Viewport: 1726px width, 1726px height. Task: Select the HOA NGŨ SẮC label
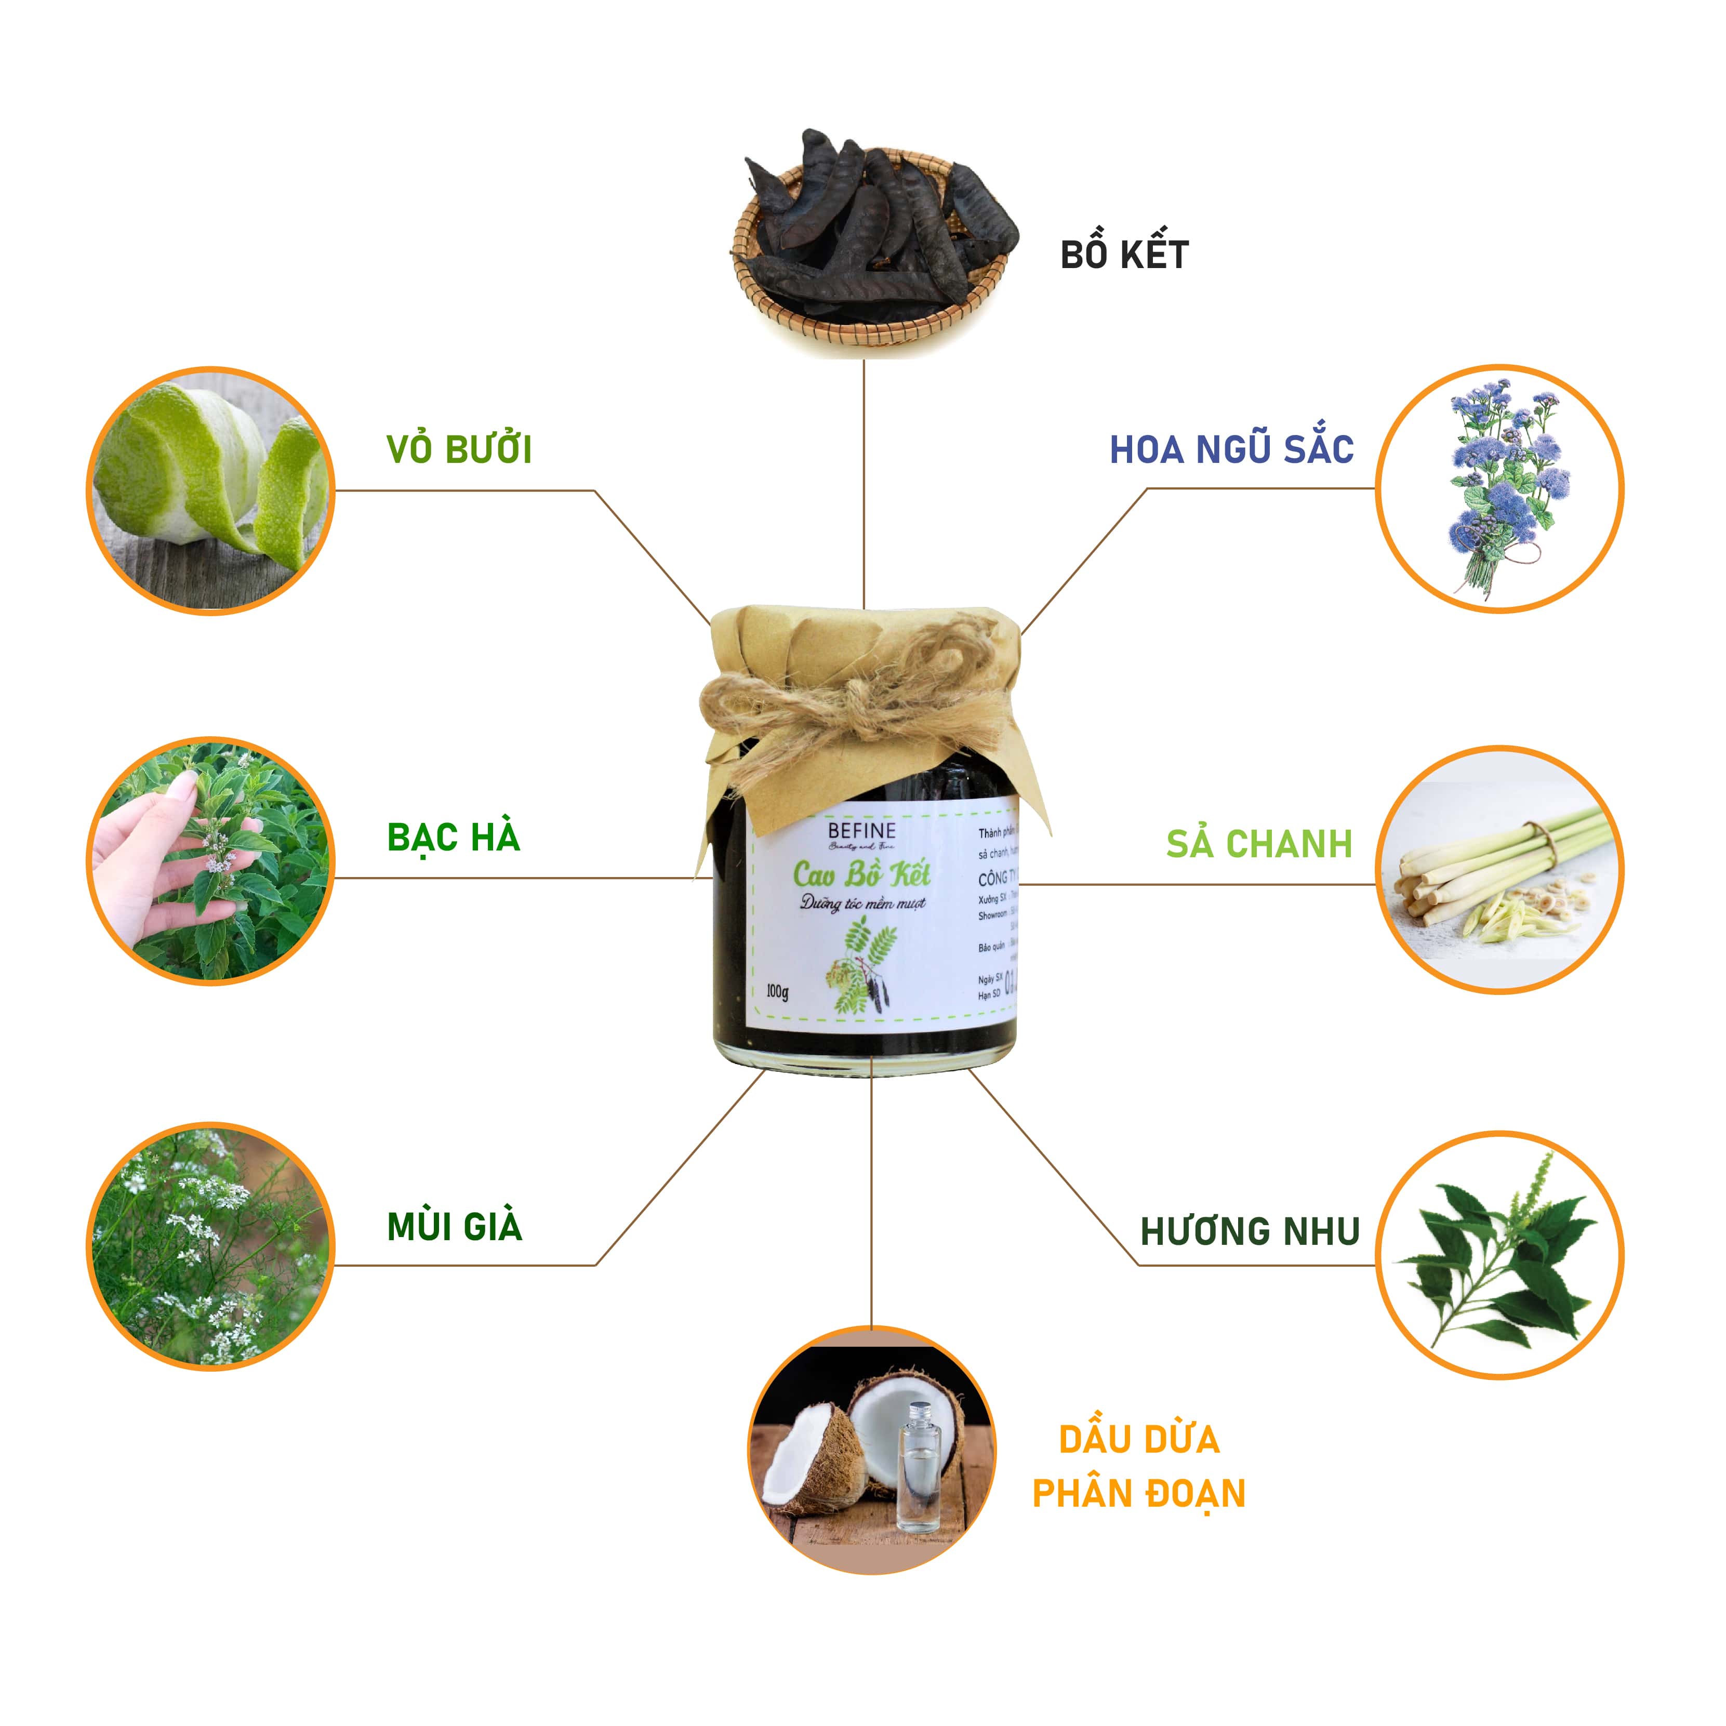(x=1231, y=449)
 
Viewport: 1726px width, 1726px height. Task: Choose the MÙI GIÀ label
(x=454, y=1227)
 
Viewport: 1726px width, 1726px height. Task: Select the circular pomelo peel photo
(x=211, y=490)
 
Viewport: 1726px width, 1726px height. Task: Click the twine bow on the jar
(x=858, y=706)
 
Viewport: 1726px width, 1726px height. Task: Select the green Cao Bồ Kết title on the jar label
(x=861, y=873)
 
